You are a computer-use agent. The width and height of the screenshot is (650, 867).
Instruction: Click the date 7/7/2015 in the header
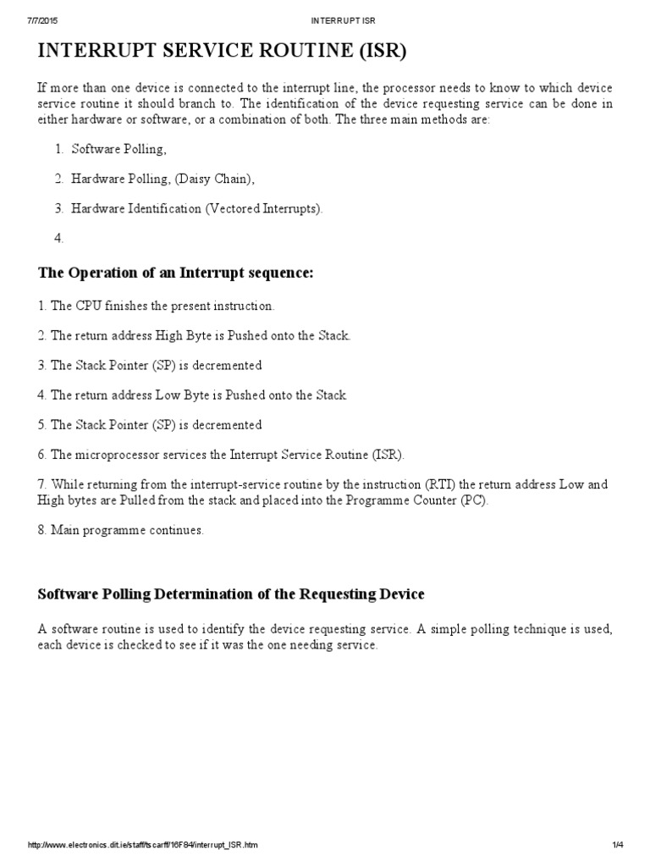tap(43, 19)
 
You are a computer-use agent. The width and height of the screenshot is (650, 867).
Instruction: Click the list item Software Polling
tap(118, 149)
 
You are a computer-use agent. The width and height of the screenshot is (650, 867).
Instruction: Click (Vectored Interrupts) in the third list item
tap(263, 208)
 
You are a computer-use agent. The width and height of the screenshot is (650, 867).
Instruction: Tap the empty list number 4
tap(59, 238)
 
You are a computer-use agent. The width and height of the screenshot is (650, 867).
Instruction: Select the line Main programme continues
tap(127, 530)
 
